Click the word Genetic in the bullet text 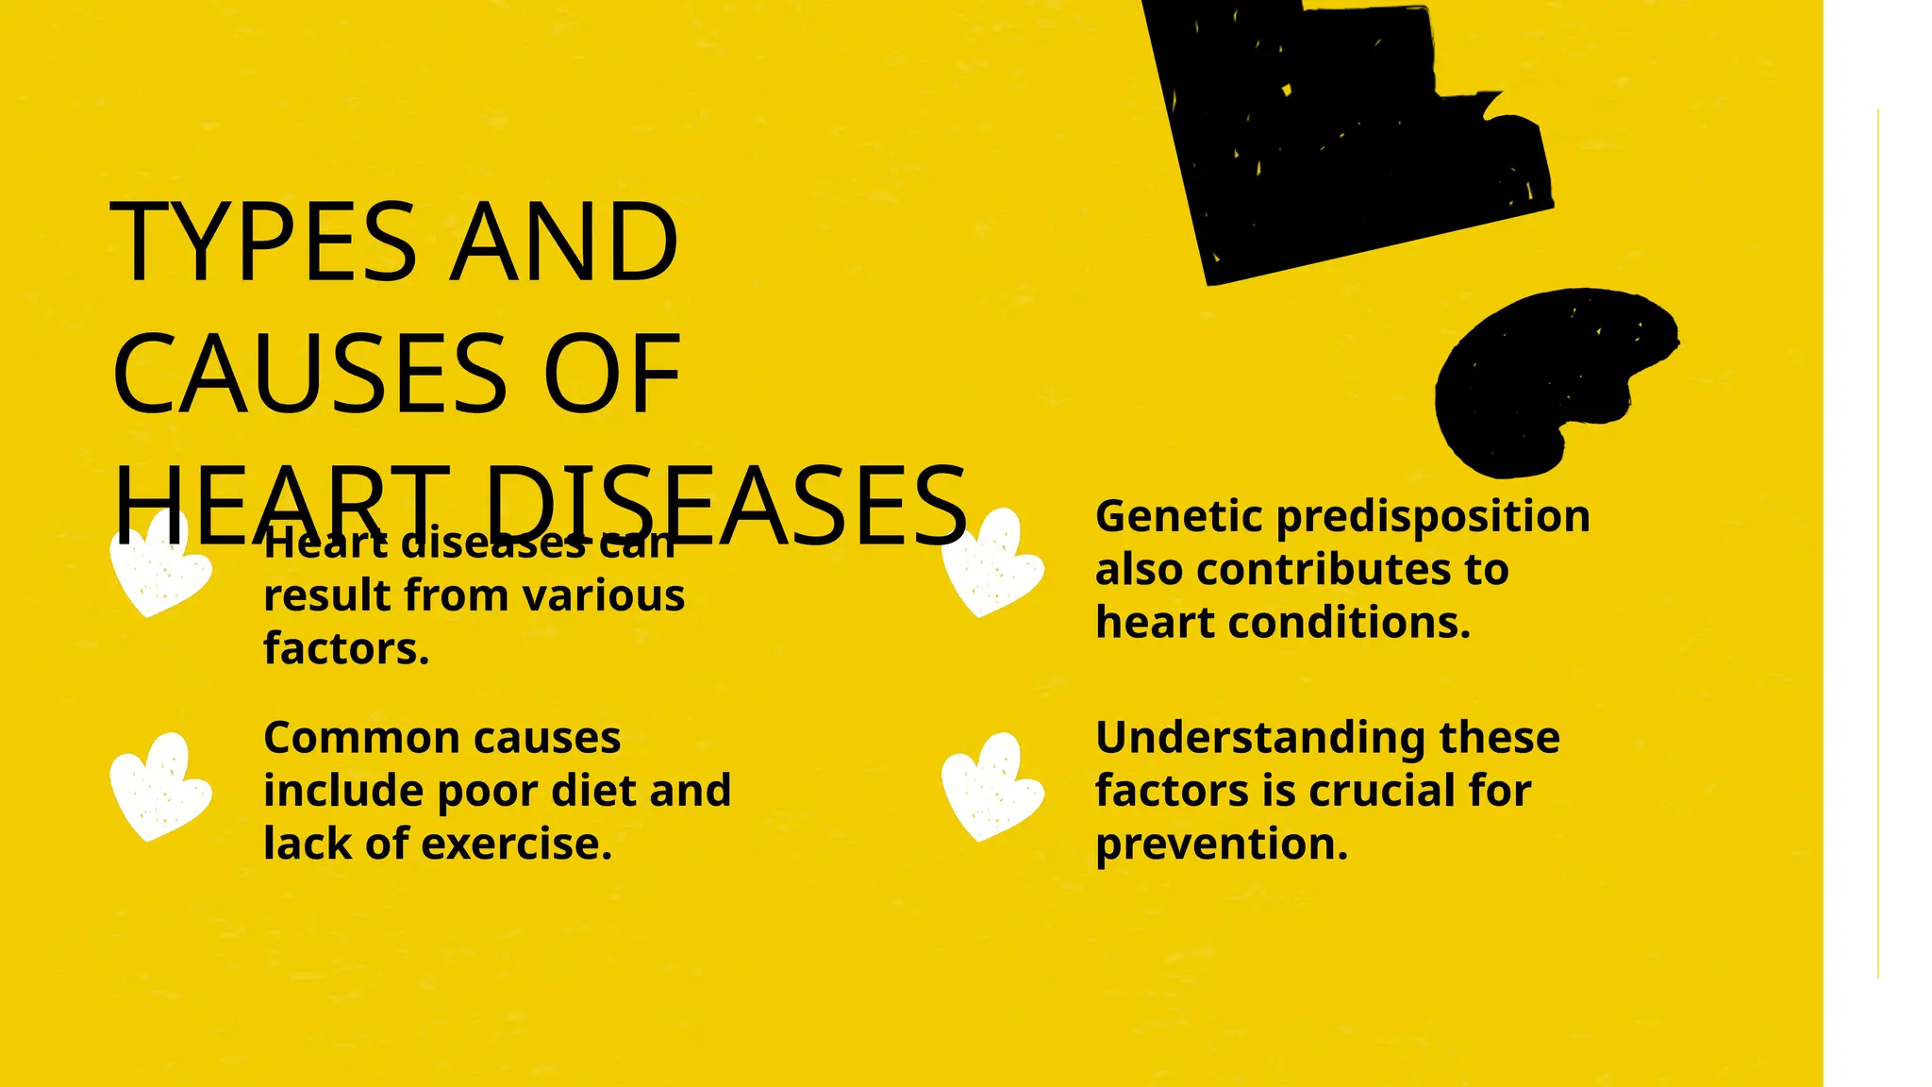[1178, 516]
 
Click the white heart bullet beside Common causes [159, 787]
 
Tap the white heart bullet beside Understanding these [991, 787]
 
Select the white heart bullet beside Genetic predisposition [991, 563]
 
